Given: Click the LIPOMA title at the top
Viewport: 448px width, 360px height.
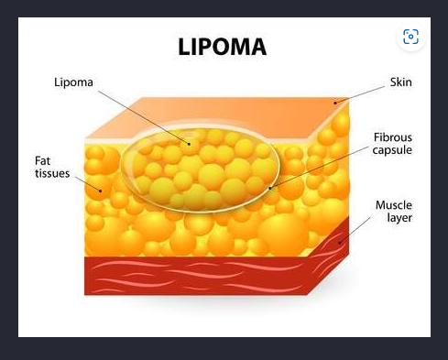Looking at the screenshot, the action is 223,47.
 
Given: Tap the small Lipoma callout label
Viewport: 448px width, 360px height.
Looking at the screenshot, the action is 73,82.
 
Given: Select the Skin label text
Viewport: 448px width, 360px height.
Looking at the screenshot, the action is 401,82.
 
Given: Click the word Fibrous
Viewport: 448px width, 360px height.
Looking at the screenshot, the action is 393,137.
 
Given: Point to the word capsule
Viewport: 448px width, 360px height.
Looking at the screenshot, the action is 392,150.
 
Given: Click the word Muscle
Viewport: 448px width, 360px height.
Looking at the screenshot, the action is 394,205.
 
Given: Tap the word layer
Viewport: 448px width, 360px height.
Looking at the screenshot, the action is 399,218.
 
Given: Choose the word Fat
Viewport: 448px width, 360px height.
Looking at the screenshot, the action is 42,160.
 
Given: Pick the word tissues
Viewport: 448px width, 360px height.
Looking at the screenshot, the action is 52,173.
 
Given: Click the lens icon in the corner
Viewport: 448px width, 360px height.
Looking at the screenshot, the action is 410,37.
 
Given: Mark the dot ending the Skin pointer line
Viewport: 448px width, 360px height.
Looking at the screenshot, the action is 335,103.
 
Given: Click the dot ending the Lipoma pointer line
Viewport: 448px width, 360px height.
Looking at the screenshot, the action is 190,144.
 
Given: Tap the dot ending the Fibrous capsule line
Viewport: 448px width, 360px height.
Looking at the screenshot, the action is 270,188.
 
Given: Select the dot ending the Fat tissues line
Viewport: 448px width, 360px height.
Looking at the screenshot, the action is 101,191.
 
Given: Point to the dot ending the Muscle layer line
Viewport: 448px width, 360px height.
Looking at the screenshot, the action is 339,243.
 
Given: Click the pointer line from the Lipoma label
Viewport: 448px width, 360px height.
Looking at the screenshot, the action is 144,117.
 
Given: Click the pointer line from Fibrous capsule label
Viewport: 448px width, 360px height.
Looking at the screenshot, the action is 320,168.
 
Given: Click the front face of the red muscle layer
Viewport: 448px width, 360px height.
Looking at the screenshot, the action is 195,276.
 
